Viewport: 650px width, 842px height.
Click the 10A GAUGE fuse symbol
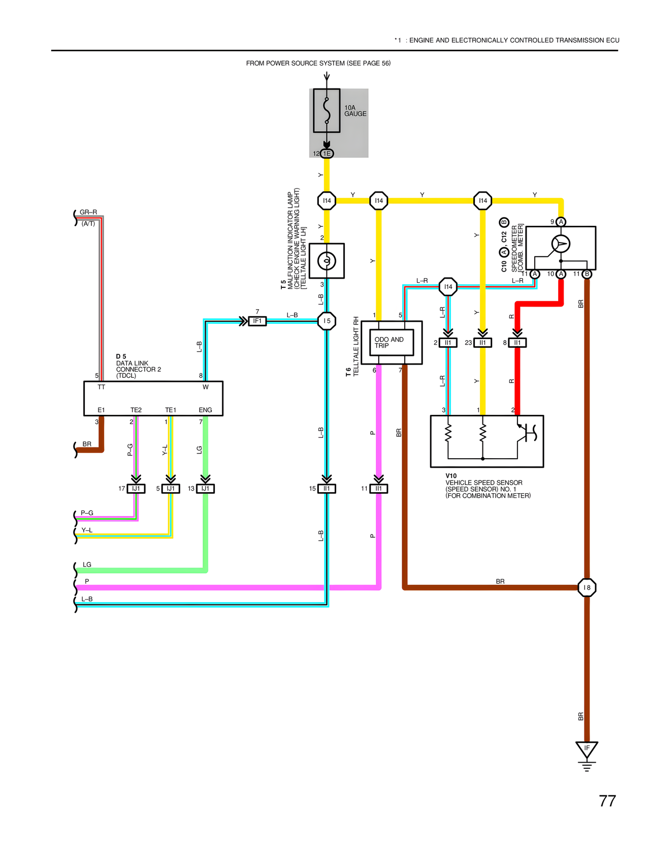pos(327,111)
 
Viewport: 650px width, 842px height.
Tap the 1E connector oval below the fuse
pos(327,154)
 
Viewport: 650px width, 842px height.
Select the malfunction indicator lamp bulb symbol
pos(327,261)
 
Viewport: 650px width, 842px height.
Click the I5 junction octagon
pos(327,321)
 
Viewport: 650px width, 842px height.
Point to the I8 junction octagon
pos(587,587)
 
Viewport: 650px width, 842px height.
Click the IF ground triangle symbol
pos(587,749)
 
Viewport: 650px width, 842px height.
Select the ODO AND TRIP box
pos(392,342)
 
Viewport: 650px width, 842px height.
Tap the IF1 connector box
pos(257,321)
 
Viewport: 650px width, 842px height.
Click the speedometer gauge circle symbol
pos(561,244)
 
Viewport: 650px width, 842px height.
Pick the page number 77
pos(607,801)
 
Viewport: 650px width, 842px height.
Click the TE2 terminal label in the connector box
pos(136,410)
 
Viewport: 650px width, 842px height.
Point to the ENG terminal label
pos(205,410)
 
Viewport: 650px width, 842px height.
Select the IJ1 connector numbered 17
pos(136,489)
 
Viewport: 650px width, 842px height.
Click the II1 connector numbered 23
pos(482,343)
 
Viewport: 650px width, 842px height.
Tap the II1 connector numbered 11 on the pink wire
pos(379,489)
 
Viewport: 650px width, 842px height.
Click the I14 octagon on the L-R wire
pos(448,287)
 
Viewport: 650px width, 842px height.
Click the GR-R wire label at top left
pos(88,212)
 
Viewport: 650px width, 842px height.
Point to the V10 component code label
pos(451,476)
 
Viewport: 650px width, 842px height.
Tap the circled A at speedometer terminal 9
pos(561,222)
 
